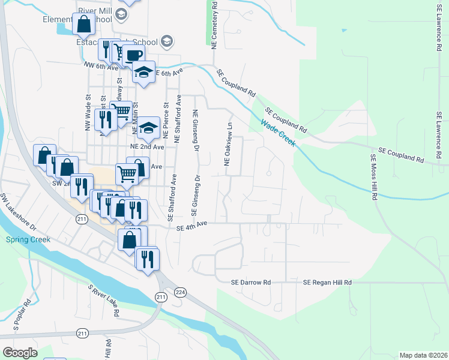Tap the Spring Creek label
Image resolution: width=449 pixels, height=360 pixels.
click(28, 239)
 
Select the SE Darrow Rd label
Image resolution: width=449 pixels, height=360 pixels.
click(252, 282)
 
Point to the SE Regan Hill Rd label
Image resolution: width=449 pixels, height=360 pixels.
click(327, 282)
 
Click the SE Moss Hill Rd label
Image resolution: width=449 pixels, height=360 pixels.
click(373, 176)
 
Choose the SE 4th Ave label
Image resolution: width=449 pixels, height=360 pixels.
click(191, 224)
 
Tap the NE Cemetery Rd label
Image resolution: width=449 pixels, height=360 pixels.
click(214, 23)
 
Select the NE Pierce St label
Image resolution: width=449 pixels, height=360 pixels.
click(164, 122)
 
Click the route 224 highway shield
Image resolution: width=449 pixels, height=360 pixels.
click(179, 292)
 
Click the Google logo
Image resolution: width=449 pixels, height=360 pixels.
click(20, 353)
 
